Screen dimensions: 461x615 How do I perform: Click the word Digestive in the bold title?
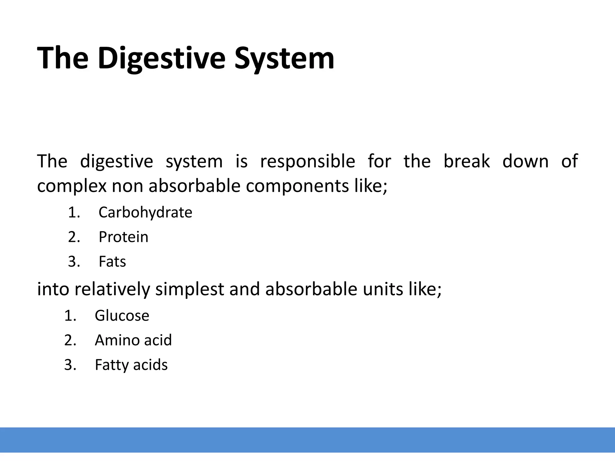point(161,59)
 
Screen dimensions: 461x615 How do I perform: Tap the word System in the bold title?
point(284,59)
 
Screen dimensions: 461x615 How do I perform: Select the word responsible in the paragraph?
point(307,161)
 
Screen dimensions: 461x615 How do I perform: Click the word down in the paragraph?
point(525,161)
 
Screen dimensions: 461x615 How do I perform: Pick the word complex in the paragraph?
point(72,186)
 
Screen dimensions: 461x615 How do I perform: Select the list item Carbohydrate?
point(145,212)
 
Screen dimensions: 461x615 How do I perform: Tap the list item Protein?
point(123,237)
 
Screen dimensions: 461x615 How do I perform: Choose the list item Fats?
point(112,262)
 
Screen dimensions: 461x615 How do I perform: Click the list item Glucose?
point(122,316)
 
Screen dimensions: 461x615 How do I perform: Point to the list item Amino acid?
point(133,340)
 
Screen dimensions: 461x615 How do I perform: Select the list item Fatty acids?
point(131,365)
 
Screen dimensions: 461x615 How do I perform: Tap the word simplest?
point(189,289)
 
